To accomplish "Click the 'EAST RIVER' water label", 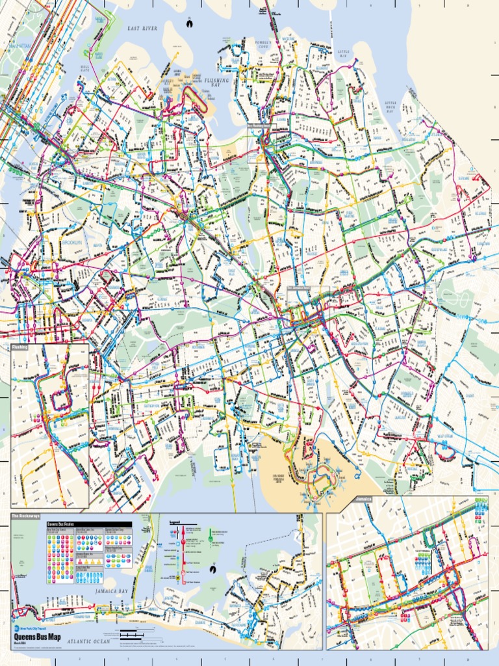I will click(x=142, y=29).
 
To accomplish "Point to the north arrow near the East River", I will click(x=188, y=23).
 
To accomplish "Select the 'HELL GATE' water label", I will click(x=85, y=68).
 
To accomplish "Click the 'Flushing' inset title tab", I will click(x=21, y=347).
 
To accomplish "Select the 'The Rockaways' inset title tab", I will click(x=26, y=516).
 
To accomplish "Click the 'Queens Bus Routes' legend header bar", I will click(x=88, y=524).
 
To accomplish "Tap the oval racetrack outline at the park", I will click(x=463, y=300).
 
